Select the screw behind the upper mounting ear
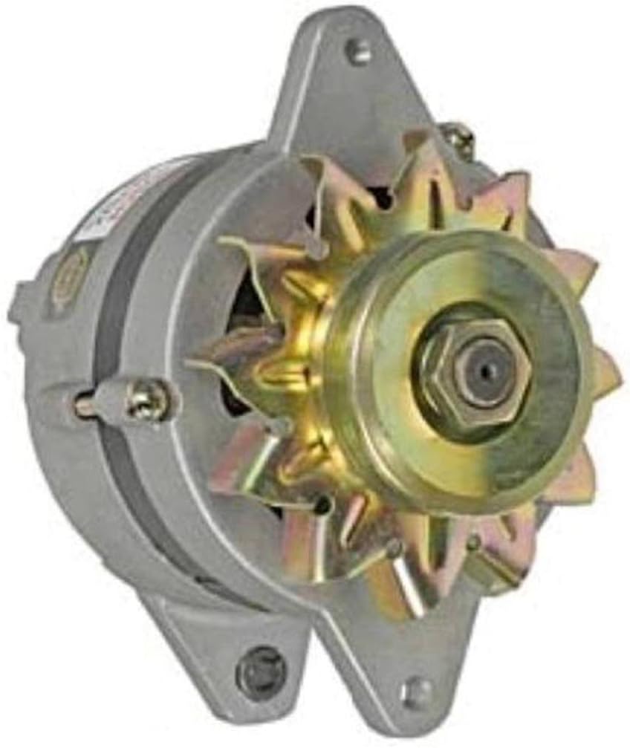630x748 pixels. coord(459,137)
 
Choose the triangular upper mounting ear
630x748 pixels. coord(349,89)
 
